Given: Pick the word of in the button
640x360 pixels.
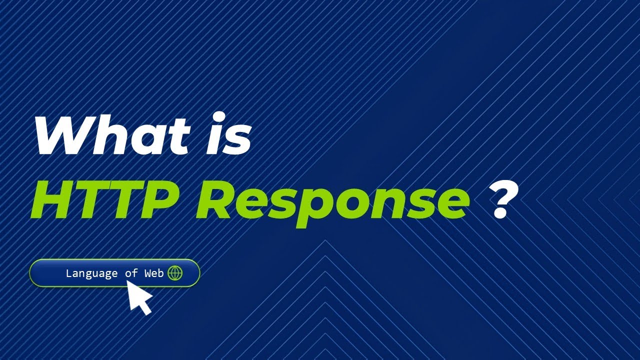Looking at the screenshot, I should (x=131, y=273).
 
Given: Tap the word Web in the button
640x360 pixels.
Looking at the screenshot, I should (x=154, y=273).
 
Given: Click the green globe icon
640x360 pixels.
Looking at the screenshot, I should (x=175, y=273).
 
